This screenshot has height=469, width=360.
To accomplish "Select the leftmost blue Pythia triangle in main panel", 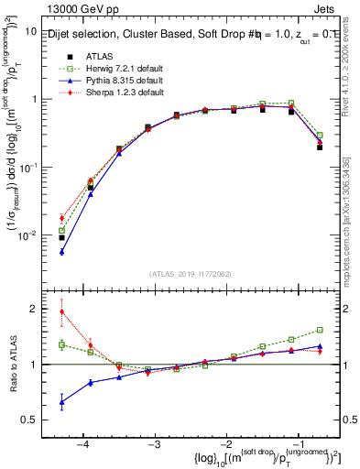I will [61, 252].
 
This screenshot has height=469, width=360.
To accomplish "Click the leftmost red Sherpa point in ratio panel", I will [61, 311].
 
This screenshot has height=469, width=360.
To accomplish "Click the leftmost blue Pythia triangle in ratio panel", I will [61, 402].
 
